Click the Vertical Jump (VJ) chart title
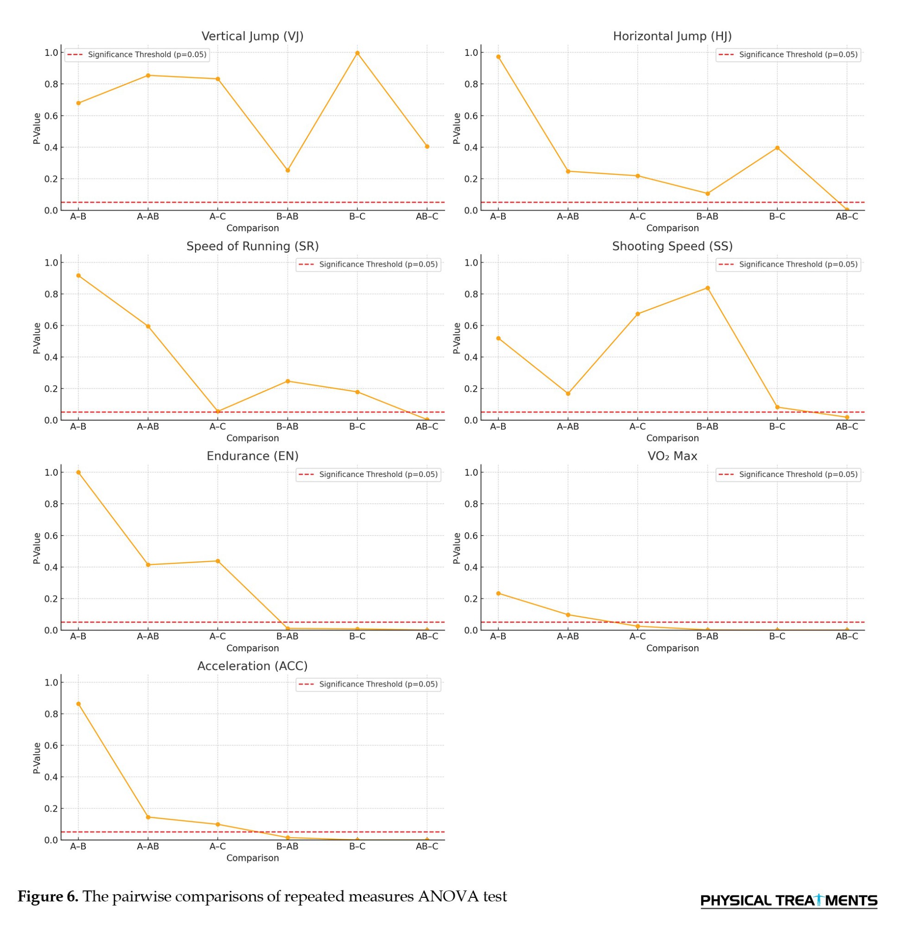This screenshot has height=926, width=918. click(252, 37)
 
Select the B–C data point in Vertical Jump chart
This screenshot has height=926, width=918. click(357, 53)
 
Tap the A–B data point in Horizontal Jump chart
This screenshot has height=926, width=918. click(498, 56)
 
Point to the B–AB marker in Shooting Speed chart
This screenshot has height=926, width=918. click(708, 288)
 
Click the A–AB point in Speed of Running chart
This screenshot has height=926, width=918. click(148, 326)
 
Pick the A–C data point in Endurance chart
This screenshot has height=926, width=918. click(218, 561)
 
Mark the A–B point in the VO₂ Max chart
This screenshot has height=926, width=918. click(498, 594)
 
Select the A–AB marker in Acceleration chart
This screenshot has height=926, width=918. click(148, 817)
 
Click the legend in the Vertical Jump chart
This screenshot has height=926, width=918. click(137, 55)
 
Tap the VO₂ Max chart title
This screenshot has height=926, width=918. click(672, 457)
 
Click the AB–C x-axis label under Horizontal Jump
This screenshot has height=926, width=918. click(847, 217)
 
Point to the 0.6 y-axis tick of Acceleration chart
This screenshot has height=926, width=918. click(51, 745)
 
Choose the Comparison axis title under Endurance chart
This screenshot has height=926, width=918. click(252, 648)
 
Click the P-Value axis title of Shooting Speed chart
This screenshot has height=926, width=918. click(456, 338)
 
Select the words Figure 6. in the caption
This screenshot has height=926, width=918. click(48, 896)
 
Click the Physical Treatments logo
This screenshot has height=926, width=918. click(789, 901)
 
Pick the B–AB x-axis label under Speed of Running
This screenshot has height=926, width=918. click(287, 426)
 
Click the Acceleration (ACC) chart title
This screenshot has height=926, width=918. click(252, 666)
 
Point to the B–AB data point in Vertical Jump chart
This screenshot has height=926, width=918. click(288, 170)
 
